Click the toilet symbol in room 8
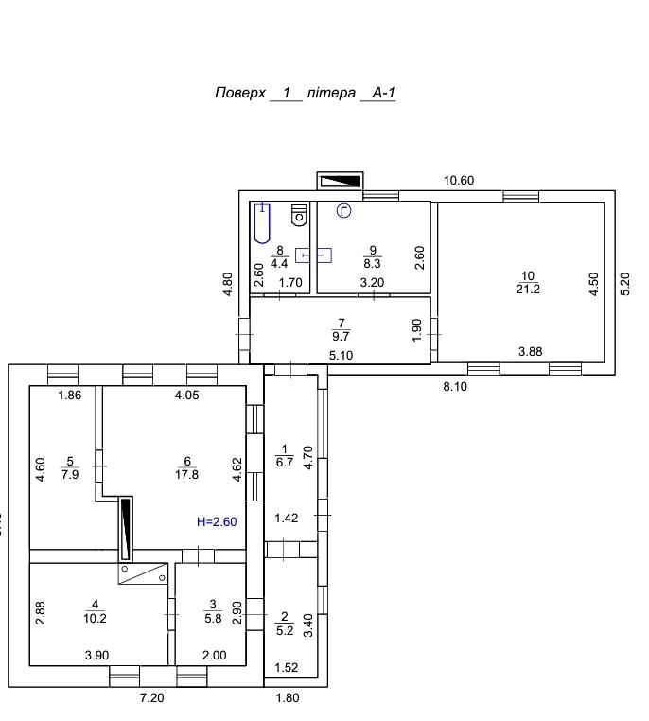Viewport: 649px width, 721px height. pyautogui.click(x=299, y=215)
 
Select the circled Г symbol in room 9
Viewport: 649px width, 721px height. pyautogui.click(x=344, y=211)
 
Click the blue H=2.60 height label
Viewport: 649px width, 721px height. pyautogui.click(x=217, y=522)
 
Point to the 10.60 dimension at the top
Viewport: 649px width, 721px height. pyautogui.click(x=459, y=180)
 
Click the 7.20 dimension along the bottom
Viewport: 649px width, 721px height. pyautogui.click(x=151, y=698)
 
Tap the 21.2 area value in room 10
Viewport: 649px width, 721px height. pyautogui.click(x=528, y=290)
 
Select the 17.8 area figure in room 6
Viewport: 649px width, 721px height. pyautogui.click(x=186, y=474)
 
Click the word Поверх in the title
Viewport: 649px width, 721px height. pyautogui.click(x=240, y=94)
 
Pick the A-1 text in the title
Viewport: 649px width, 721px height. pyautogui.click(x=383, y=93)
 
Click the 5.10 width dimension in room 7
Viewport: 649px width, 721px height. pyautogui.click(x=341, y=356)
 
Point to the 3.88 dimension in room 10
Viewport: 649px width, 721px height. pyautogui.click(x=531, y=352)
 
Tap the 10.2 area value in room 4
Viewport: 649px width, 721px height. pyautogui.click(x=96, y=619)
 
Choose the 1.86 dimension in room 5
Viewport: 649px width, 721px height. pyautogui.click(x=70, y=395)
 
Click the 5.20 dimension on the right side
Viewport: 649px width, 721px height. pyautogui.click(x=624, y=284)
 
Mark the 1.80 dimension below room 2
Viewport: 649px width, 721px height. pyautogui.click(x=288, y=698)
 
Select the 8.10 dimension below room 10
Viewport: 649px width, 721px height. pyautogui.click(x=455, y=387)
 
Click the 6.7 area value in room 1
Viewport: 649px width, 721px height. pyautogui.click(x=285, y=462)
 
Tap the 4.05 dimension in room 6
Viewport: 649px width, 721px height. pyautogui.click(x=187, y=395)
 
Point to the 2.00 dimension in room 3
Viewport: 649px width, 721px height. pyautogui.click(x=214, y=656)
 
